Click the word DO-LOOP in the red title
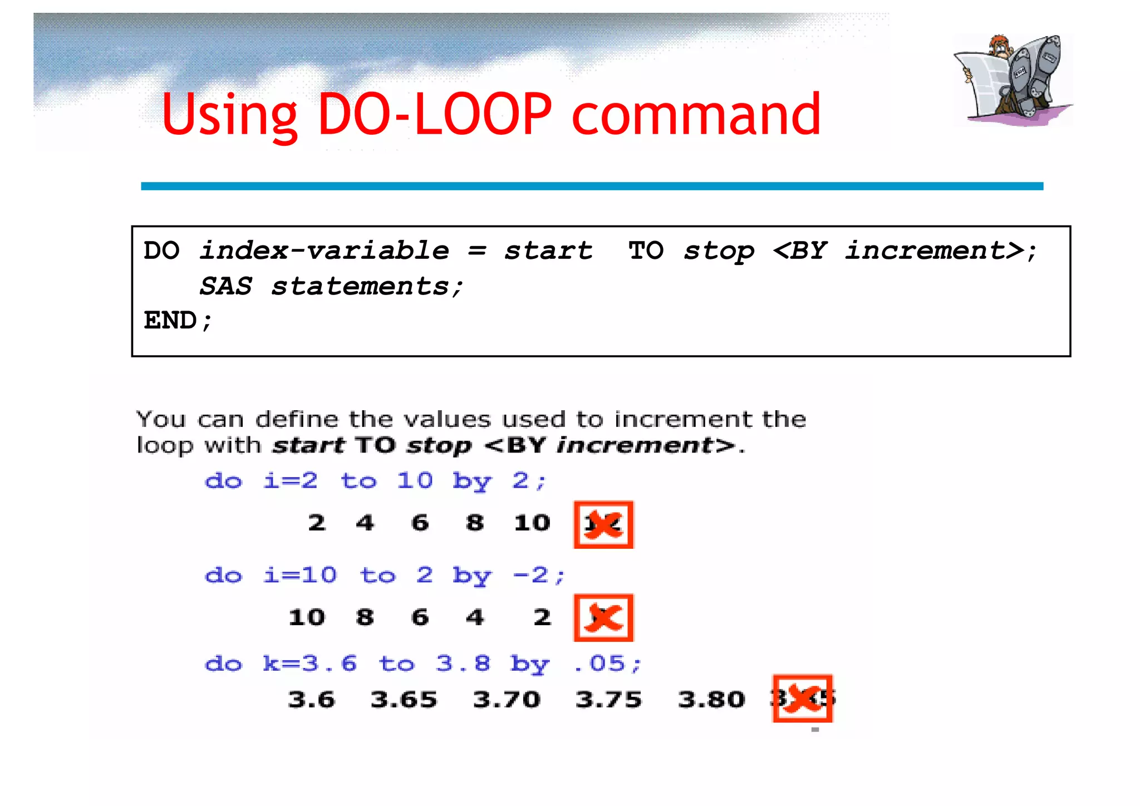tap(435, 114)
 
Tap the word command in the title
tap(696, 114)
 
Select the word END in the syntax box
tap(170, 320)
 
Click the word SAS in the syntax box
tap(226, 286)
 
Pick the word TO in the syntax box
tap(646, 250)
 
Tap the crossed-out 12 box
tap(603, 524)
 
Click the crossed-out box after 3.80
tap(802, 699)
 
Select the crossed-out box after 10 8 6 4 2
tap(603, 618)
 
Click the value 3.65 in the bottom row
tap(404, 700)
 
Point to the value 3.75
tap(608, 700)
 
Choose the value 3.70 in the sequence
tap(507, 700)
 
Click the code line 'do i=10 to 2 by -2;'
tap(385, 575)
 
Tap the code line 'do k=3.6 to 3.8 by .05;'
tap(423, 664)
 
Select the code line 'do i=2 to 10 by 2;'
tap(376, 480)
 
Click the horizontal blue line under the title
tap(592, 186)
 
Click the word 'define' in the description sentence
tap(297, 419)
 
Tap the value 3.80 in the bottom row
tap(711, 700)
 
